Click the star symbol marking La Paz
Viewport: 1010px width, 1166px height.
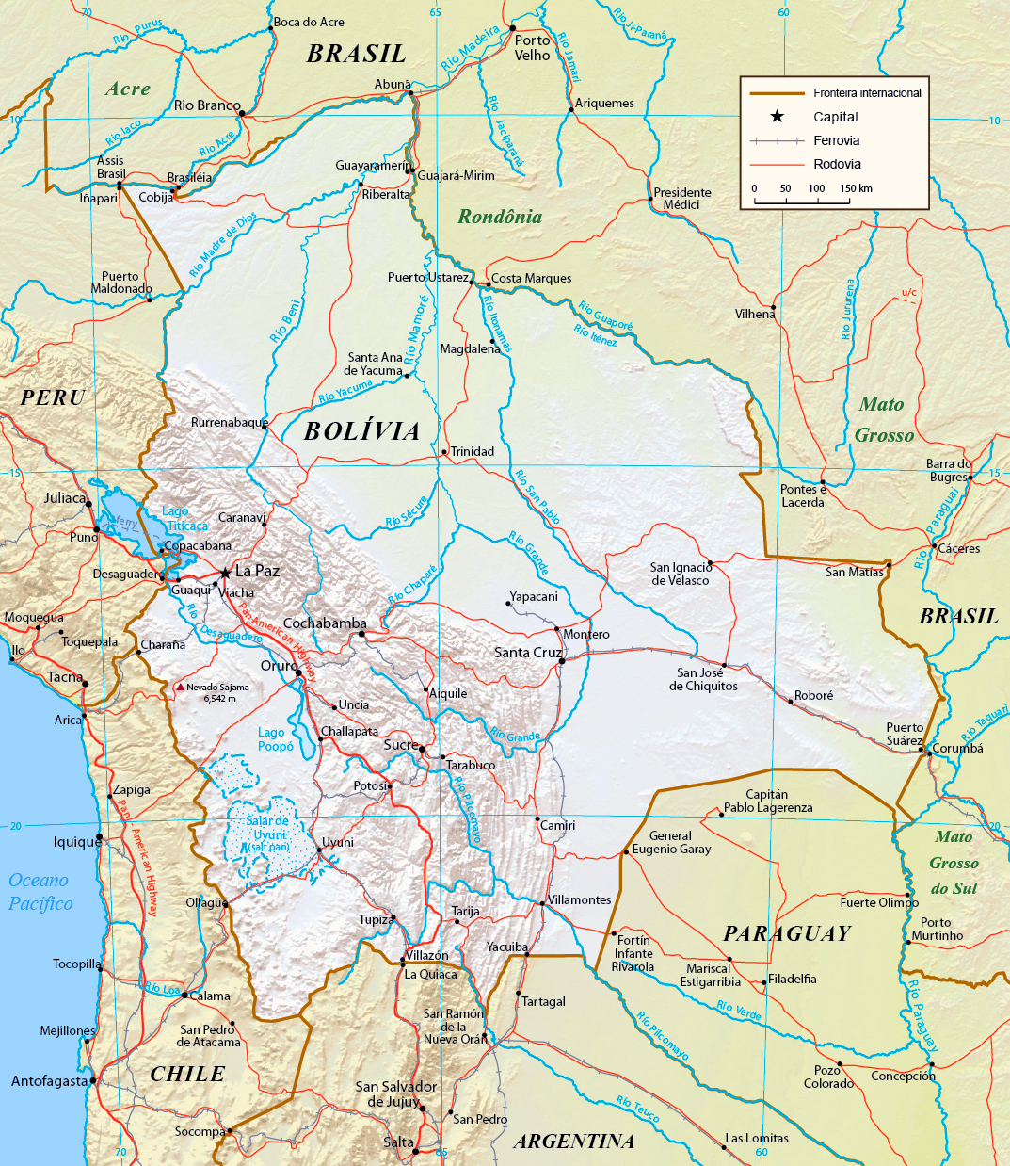click(224, 572)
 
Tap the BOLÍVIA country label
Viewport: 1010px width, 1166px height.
click(362, 431)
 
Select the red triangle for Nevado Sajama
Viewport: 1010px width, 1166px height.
click(180, 687)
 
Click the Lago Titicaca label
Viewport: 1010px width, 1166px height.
click(184, 519)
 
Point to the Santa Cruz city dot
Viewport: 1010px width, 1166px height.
click(562, 661)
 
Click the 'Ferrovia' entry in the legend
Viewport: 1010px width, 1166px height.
click(836, 140)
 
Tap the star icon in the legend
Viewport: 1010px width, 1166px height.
click(777, 117)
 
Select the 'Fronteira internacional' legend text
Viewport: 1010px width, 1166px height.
click(867, 93)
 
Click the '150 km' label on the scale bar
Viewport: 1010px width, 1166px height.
click(856, 188)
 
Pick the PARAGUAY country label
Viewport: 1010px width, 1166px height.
click(787, 933)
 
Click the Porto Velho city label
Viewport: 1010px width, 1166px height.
click(532, 48)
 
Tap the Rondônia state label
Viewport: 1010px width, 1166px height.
click(500, 217)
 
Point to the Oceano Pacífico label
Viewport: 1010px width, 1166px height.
click(40, 892)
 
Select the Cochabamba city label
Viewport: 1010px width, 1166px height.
click(325, 623)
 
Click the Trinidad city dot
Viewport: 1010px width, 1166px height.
click(444, 452)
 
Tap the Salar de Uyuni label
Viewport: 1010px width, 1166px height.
click(267, 834)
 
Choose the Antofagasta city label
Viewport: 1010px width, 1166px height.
click(49, 1081)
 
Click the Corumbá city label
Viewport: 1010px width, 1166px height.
click(957, 749)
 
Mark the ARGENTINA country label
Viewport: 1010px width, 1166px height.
click(574, 1142)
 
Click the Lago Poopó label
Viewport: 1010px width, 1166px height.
click(276, 739)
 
